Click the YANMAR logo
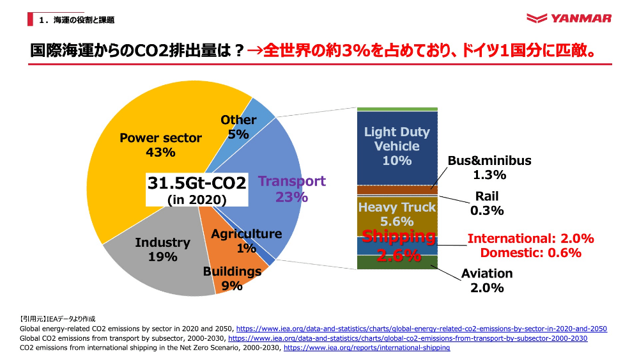coord(569,19)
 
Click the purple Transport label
coord(292,182)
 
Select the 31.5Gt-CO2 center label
coord(197,184)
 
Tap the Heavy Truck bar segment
coord(397,214)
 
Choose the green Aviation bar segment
coord(397,262)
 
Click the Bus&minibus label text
coord(489,160)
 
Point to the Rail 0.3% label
coord(487,203)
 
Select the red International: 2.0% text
coord(531,239)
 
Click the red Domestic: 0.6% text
coord(531,253)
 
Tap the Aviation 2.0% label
coord(487,280)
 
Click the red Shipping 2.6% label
coord(399,246)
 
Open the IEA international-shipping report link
coord(367,348)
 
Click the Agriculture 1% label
coord(247,240)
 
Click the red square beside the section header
coord(30,20)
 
